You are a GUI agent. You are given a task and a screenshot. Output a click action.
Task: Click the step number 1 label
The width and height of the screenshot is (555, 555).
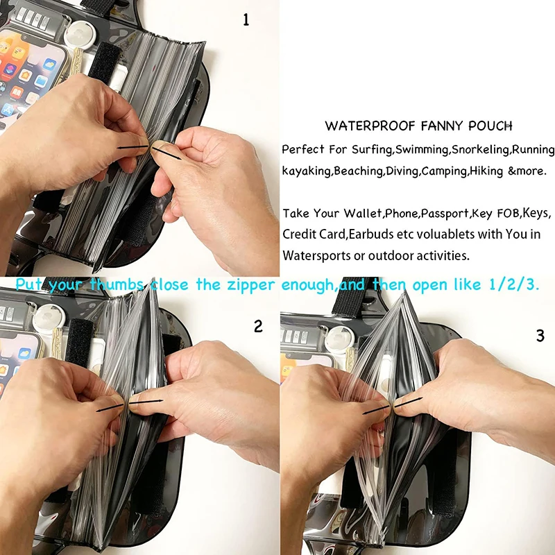pyautogui.click(x=245, y=20)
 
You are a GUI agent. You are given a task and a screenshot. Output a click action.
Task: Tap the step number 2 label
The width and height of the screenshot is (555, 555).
pyautogui.click(x=258, y=326)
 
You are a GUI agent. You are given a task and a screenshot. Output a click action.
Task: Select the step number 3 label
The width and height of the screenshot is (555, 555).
pyautogui.click(x=540, y=336)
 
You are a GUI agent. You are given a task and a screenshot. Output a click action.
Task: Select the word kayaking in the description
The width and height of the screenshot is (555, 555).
pyautogui.click(x=306, y=171)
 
